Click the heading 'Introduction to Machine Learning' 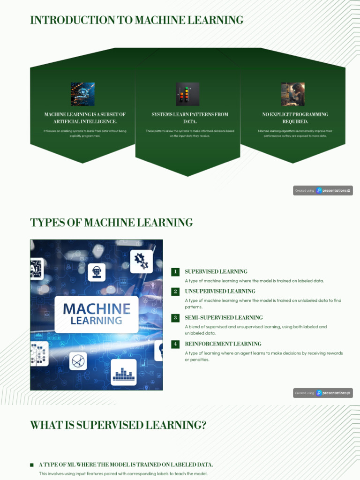coord(136,20)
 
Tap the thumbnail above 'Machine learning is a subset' coord(82,94)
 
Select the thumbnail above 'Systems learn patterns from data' coord(187,94)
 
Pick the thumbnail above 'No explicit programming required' coord(293,94)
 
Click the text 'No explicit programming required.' coord(295,118)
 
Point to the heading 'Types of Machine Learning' coord(111,222)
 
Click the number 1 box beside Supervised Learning coord(175,272)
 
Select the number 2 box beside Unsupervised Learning coord(175,292)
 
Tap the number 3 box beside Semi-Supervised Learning coord(175,318)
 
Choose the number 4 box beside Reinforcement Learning coord(175,344)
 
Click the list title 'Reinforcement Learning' coord(216,344)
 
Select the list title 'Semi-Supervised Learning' coord(224,318)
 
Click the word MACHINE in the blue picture coord(97,309)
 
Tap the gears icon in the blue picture coord(141,261)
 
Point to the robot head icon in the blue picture coord(97,272)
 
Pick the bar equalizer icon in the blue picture coord(124,373)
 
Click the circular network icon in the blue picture coord(78,361)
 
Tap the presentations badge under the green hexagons coord(323,190)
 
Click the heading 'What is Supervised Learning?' coord(118,425)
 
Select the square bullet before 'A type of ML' coord(32,465)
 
